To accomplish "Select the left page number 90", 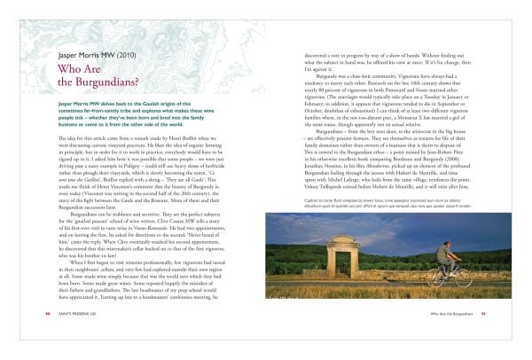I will point(36,338).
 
